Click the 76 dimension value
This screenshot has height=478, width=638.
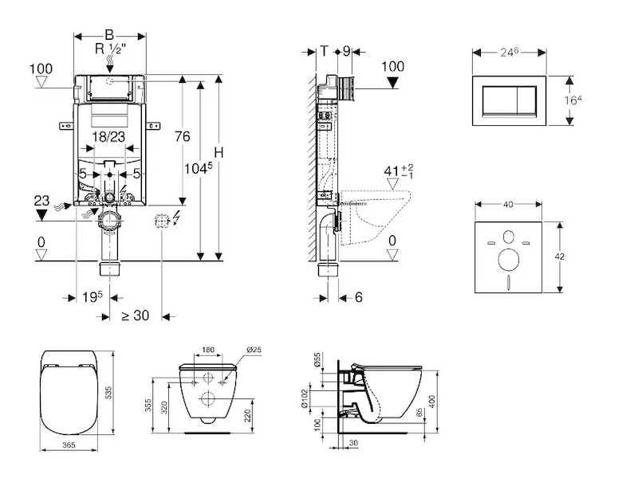(182, 136)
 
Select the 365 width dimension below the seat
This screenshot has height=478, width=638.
(68, 445)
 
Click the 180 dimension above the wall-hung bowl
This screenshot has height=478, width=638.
(209, 349)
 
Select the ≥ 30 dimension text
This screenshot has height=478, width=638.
(136, 315)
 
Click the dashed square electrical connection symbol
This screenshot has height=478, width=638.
(162, 220)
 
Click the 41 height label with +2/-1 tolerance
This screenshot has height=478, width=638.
(396, 170)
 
